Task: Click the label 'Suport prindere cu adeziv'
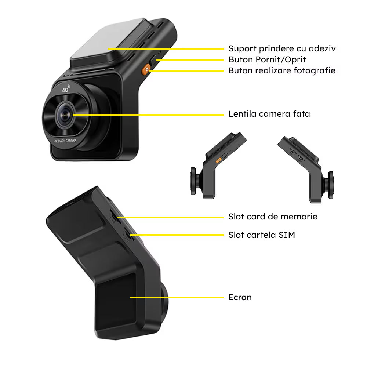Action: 282,49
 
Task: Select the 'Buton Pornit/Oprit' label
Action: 267,60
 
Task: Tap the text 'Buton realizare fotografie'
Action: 282,71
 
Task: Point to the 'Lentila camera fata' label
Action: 269,114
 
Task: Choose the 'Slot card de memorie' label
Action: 273,217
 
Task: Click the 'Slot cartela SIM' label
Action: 262,235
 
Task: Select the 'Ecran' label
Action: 240,298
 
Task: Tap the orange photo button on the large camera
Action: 146,69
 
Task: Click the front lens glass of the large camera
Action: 65,115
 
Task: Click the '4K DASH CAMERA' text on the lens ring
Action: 65,141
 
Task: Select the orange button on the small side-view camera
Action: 219,160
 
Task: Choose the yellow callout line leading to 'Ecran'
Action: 177,297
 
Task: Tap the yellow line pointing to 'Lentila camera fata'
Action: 148,115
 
